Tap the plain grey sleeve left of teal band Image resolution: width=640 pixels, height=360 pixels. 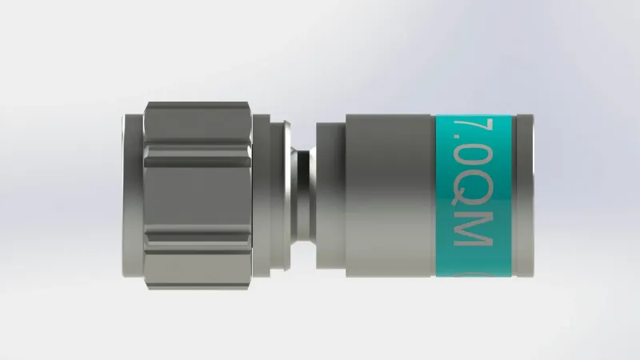(x=388, y=196)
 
